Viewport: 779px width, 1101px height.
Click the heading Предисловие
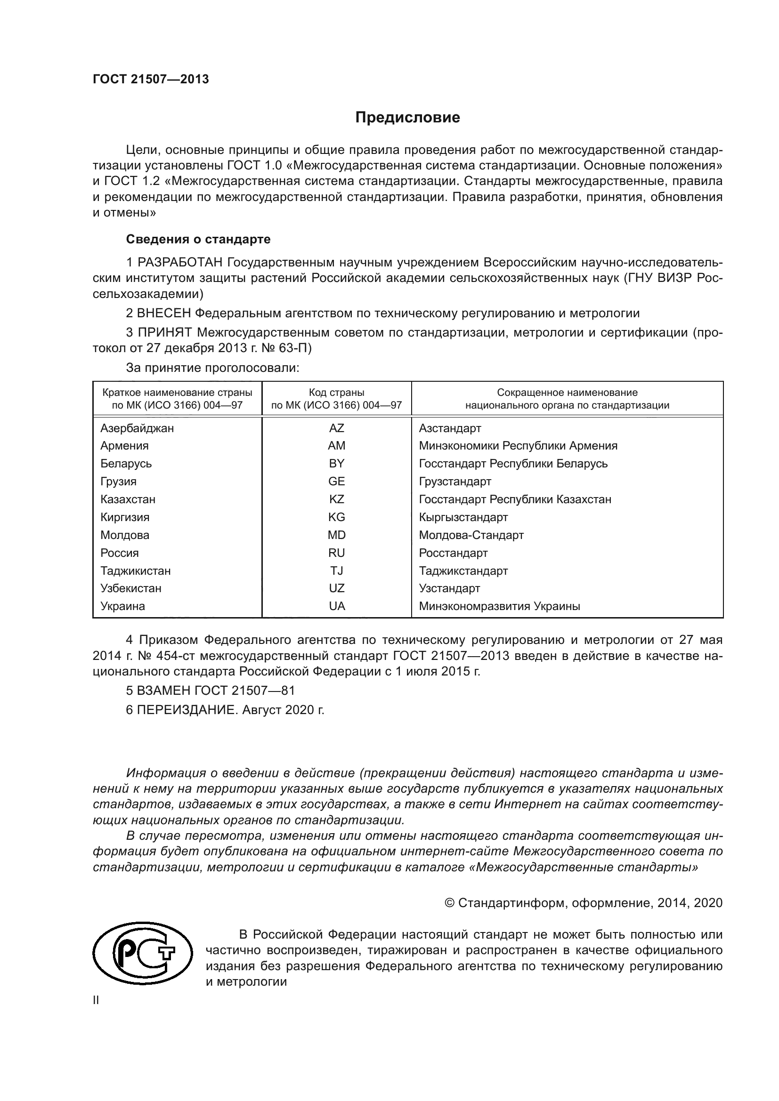point(407,118)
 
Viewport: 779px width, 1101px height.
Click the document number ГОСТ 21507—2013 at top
point(151,80)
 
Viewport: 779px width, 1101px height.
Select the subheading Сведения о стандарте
point(198,239)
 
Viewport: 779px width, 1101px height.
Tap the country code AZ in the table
point(336,428)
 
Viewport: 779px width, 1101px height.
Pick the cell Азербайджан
point(137,428)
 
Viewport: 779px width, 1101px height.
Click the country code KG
point(336,517)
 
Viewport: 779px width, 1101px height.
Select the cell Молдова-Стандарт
point(471,535)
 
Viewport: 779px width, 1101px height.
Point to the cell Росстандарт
point(453,553)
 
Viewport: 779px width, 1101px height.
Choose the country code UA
point(336,606)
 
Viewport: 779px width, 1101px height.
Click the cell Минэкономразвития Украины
point(499,606)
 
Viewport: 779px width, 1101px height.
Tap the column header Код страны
point(336,393)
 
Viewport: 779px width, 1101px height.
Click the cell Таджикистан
point(135,571)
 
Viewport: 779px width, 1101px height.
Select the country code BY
point(336,464)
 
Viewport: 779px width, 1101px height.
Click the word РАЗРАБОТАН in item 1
point(180,263)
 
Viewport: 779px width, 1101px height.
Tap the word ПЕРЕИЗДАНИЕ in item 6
point(187,710)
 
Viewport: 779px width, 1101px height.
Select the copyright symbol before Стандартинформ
point(449,903)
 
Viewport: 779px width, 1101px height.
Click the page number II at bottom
point(96,1000)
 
